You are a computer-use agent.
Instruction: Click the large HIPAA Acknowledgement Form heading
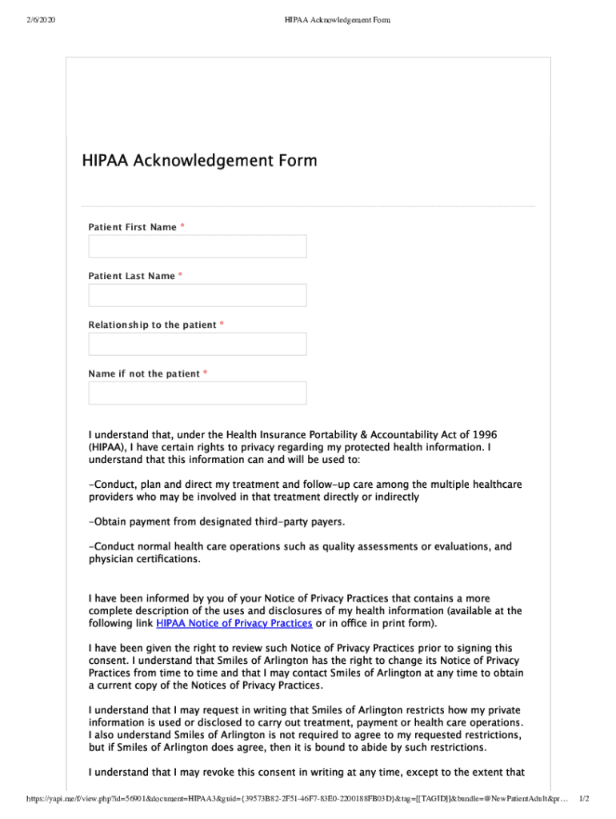199,161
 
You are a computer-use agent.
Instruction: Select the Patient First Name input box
197,246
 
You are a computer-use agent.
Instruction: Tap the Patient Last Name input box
197,295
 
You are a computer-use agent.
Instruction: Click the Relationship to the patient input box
197,344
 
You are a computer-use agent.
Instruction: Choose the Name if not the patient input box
197,393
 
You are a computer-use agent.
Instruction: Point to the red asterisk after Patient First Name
182,227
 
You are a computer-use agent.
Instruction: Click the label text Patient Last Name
131,276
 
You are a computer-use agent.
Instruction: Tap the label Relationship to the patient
152,325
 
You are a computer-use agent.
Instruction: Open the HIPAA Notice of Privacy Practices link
234,623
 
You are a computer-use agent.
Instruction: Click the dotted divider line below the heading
308,206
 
